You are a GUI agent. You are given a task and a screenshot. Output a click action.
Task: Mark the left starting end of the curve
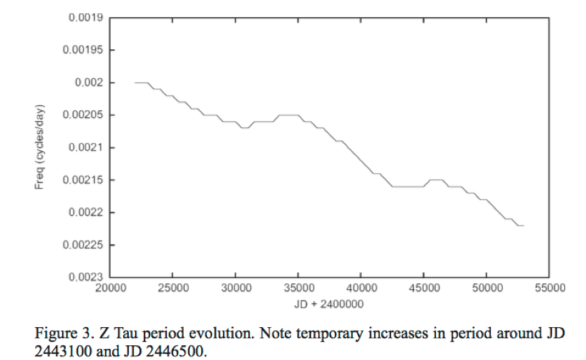pyautogui.click(x=135, y=82)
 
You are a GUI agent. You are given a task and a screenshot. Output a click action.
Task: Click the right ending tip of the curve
pyautogui.click(x=524, y=225)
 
